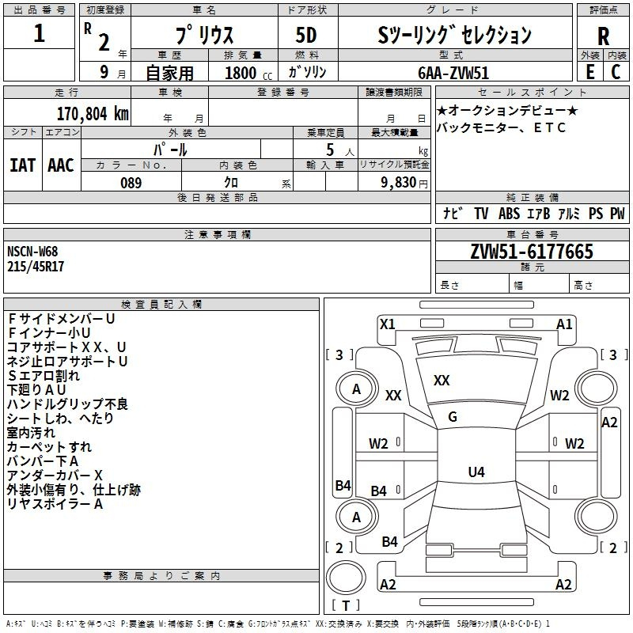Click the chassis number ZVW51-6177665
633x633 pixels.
(x=532, y=252)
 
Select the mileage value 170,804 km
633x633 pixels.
(x=93, y=113)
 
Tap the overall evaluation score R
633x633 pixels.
(x=603, y=36)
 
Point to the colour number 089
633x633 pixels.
(x=131, y=183)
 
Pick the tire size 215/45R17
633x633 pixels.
(x=36, y=267)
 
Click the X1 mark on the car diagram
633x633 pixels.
(x=387, y=324)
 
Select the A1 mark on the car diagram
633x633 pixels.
(x=564, y=324)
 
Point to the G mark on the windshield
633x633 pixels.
(x=453, y=417)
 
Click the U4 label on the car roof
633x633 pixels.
(x=476, y=472)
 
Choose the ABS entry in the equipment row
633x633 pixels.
(x=509, y=214)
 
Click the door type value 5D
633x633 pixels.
(x=307, y=35)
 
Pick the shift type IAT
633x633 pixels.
(x=23, y=165)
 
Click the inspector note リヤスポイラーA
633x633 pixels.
(x=55, y=504)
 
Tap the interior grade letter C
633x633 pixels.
(x=616, y=72)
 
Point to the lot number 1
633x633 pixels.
(x=40, y=34)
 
